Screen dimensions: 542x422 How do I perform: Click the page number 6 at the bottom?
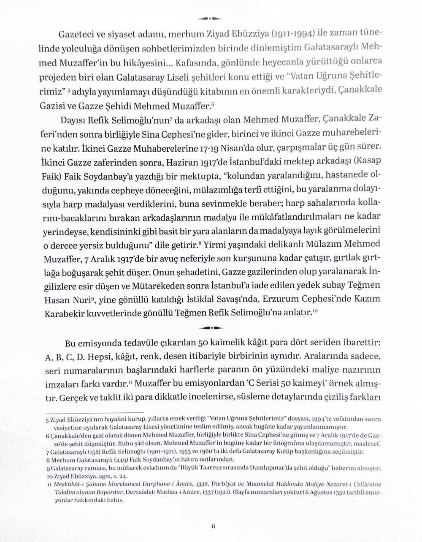(213, 526)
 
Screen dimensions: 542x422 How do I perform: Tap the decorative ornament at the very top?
(210, 18)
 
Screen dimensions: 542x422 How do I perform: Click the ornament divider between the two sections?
(211, 327)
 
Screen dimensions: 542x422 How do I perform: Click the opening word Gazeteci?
(76, 34)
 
